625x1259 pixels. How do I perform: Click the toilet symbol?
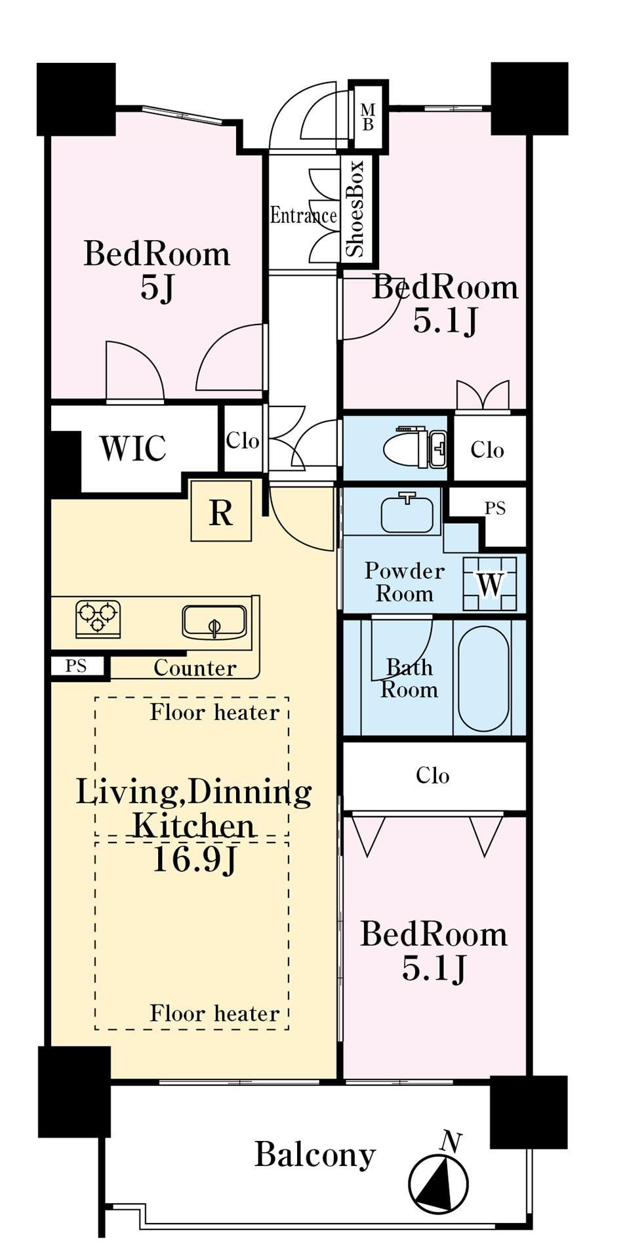tap(414, 447)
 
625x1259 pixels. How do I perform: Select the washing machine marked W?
tap(489, 584)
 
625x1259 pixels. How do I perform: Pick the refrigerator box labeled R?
tap(221, 511)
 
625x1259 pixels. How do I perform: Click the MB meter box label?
tap(368, 117)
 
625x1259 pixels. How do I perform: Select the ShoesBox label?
tap(355, 209)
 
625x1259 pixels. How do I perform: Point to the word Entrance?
tap(304, 215)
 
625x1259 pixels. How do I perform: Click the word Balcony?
tap(315, 1155)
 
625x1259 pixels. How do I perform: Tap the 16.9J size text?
tap(193, 860)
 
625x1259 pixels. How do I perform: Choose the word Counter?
tap(195, 668)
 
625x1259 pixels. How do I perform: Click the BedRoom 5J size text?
tap(157, 287)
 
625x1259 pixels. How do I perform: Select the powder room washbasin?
tap(407, 512)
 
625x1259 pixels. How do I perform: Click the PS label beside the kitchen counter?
tap(76, 666)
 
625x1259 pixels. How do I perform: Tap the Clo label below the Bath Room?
tap(433, 776)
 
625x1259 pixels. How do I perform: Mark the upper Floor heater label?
tap(214, 712)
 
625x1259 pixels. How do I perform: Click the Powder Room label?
tap(405, 582)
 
